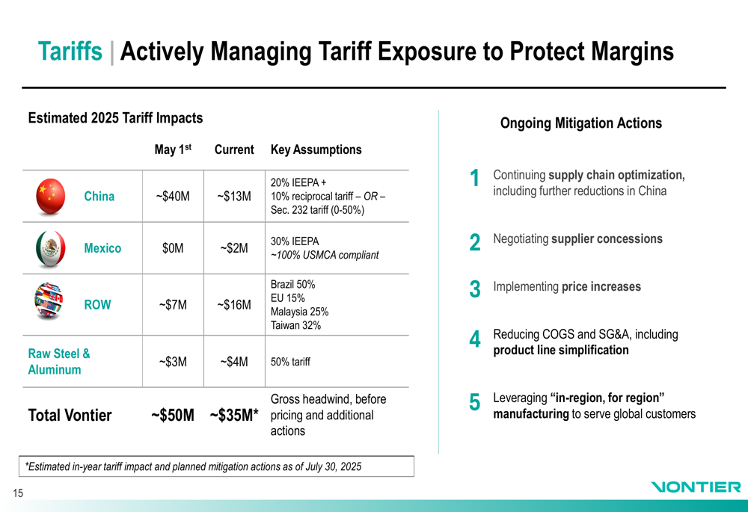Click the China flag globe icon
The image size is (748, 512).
51,196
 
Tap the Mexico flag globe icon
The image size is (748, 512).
50,248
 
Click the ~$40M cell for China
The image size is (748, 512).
173,197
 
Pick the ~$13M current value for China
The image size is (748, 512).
234,197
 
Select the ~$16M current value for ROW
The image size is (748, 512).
234,305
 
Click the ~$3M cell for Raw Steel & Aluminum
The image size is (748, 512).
173,363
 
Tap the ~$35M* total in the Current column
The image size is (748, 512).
234,416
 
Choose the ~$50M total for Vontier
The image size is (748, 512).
173,416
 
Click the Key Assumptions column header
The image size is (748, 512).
316,149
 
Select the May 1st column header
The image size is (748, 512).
173,149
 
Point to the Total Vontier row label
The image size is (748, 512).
70,416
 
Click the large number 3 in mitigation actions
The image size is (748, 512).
475,290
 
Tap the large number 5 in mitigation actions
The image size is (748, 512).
475,403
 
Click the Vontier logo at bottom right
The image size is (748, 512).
696,487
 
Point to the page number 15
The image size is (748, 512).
17,493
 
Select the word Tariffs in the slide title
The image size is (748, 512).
70,52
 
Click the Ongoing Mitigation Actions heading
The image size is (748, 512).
580,123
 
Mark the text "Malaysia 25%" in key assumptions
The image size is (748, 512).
299,312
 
